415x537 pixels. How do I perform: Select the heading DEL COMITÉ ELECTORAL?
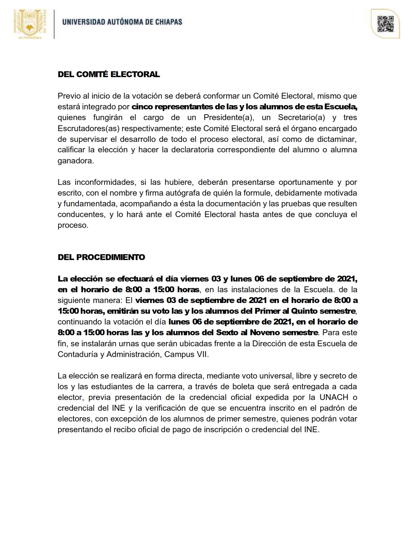(x=109, y=74)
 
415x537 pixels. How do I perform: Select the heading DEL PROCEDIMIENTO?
(x=101, y=257)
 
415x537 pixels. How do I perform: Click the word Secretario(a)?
(x=301, y=117)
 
